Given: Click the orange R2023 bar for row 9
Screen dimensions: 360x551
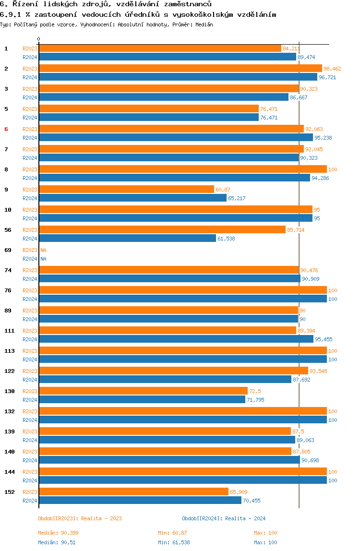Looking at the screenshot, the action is click(x=127, y=190).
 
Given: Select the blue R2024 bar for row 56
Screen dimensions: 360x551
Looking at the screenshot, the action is click(x=128, y=238).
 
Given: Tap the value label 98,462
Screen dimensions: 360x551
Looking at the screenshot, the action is click(x=332, y=69).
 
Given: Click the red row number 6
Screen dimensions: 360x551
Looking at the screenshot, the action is click(x=6, y=129).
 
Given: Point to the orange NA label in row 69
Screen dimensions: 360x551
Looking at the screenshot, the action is click(x=43, y=250).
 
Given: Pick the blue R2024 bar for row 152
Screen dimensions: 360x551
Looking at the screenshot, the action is click(x=140, y=501).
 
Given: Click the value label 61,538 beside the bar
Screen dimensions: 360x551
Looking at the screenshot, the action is click(x=226, y=238).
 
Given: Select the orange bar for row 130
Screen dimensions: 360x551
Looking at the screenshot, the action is click(x=144, y=391).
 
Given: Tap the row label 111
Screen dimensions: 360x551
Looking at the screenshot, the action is click(x=10, y=331).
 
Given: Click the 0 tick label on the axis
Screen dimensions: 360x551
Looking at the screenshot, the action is click(x=39, y=39).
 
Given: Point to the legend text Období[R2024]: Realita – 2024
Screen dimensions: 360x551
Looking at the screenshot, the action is click(x=224, y=518).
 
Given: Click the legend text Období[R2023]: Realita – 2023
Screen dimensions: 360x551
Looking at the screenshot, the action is click(x=80, y=518).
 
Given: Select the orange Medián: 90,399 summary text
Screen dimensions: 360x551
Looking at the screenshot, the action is click(x=59, y=533).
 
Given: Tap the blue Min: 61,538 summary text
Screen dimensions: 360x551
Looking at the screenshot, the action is click(x=174, y=542).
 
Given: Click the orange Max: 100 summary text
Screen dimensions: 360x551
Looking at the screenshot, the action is click(x=265, y=533).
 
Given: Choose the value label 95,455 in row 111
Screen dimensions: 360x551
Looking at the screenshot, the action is click(x=324, y=339).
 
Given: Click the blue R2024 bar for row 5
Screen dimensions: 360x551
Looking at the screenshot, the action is click(x=149, y=118).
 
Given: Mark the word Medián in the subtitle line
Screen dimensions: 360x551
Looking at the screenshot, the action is click(x=204, y=24).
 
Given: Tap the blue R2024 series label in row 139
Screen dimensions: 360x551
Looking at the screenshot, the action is click(x=30, y=440).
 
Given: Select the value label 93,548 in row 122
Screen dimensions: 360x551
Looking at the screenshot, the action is click(x=318, y=371).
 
